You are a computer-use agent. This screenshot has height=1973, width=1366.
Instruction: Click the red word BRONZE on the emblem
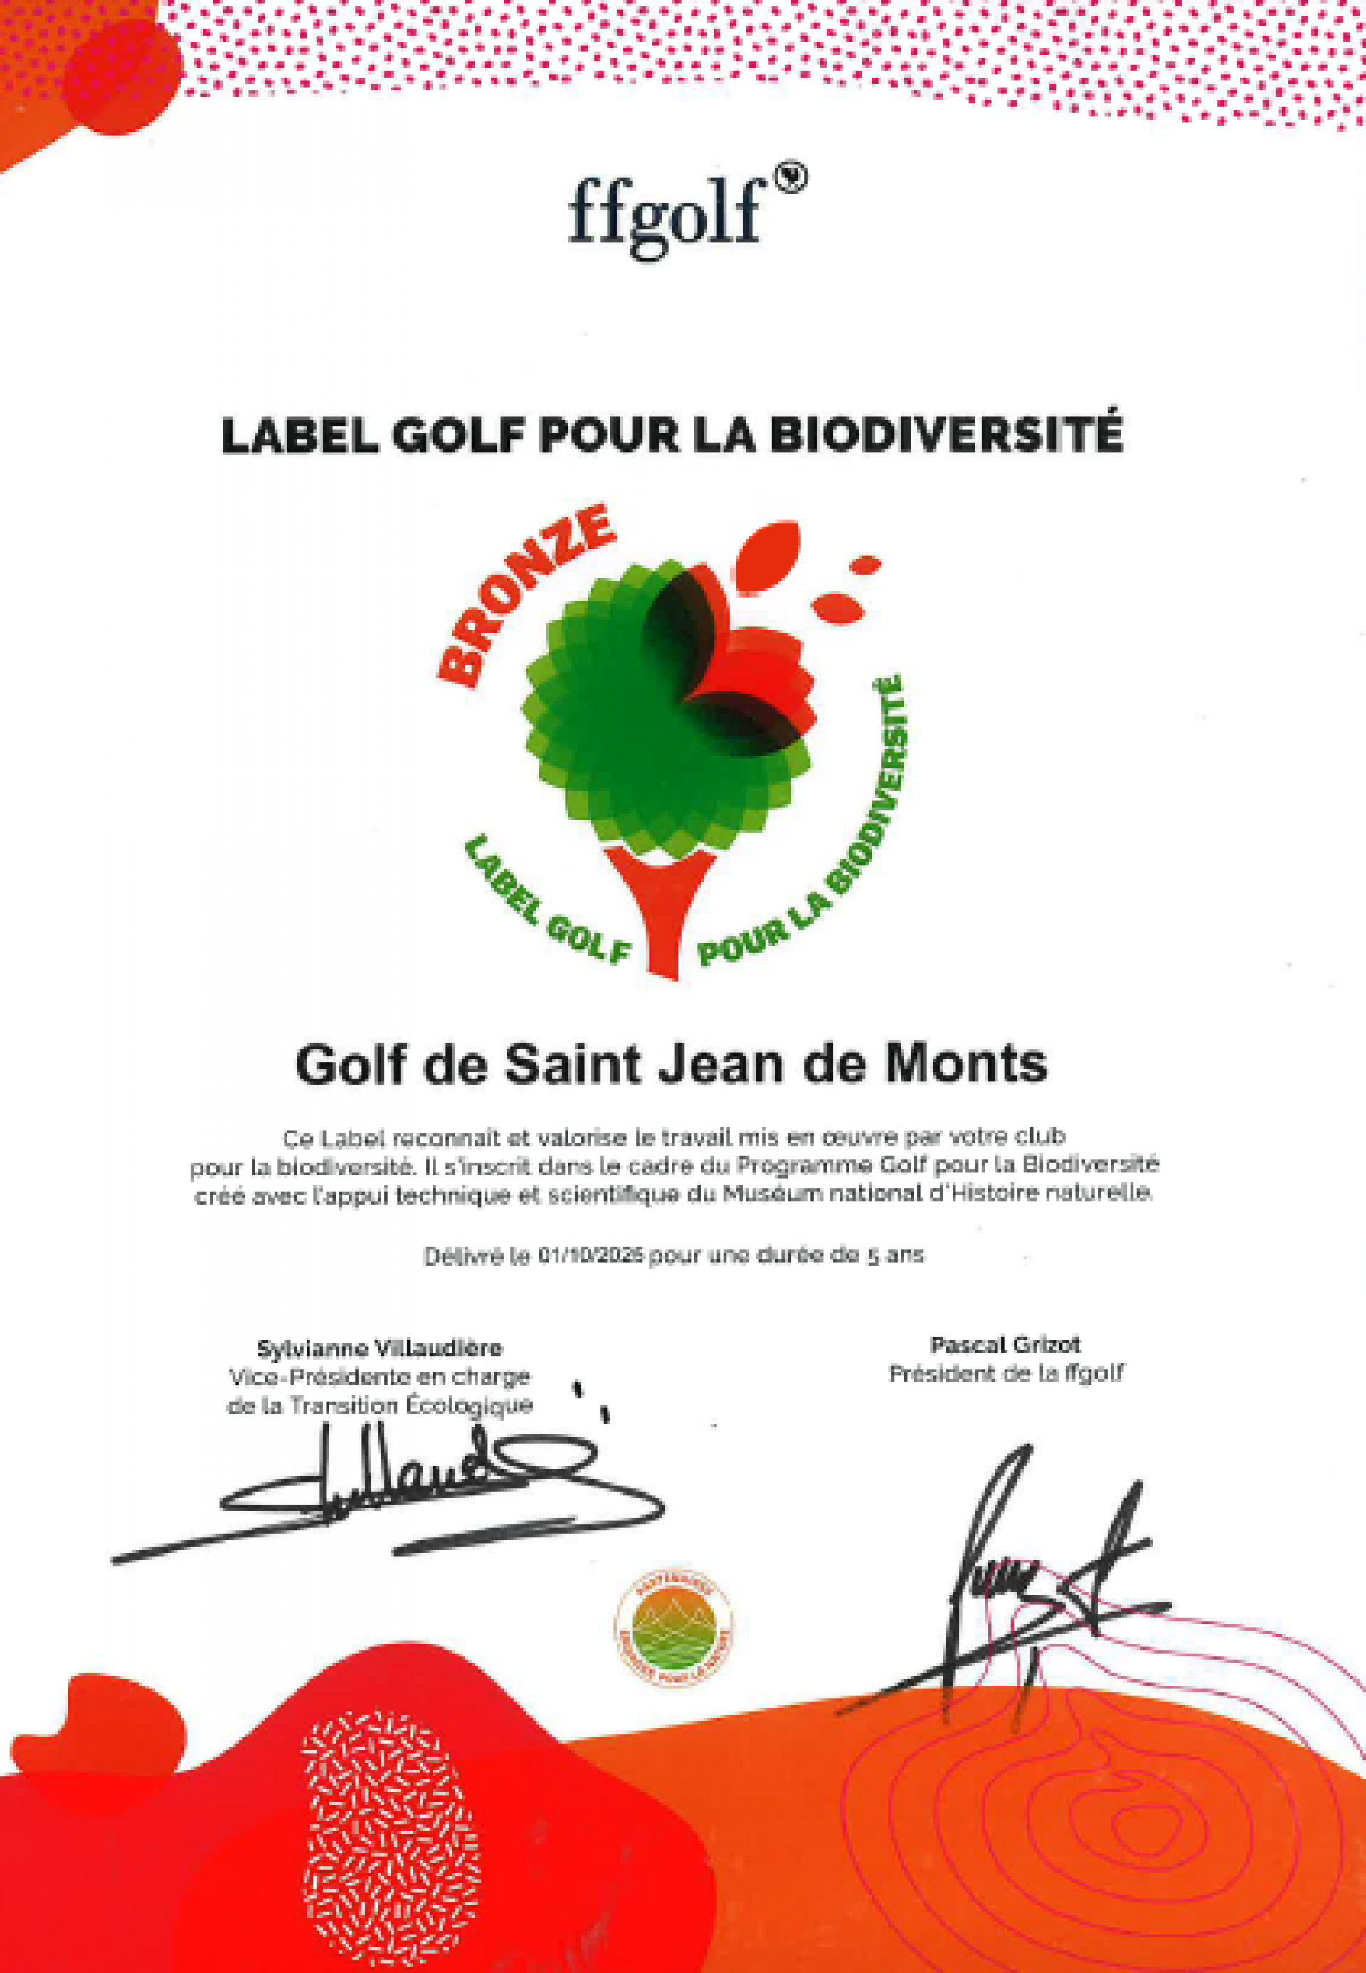[x=523, y=594]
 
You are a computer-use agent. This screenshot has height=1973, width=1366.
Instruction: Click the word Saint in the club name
[x=573, y=1064]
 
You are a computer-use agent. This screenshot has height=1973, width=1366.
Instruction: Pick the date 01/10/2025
[x=591, y=1257]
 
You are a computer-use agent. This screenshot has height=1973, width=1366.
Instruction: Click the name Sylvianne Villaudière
[x=380, y=1349]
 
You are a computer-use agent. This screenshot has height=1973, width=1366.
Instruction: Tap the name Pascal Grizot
[x=1006, y=1345]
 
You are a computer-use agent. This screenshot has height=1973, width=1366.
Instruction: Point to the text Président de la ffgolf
[x=1006, y=1374]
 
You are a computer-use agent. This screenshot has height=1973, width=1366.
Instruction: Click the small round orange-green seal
[x=674, y=1631]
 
